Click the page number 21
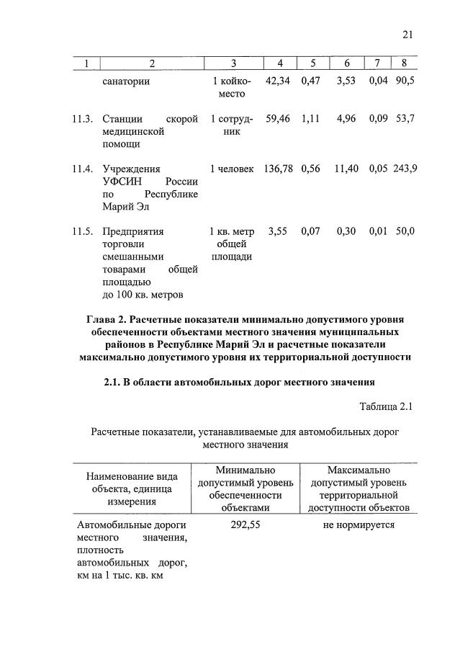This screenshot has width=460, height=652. pyautogui.click(x=408, y=35)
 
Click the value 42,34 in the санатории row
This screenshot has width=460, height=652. pyautogui.click(x=278, y=81)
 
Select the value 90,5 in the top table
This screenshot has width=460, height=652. pyautogui.click(x=405, y=81)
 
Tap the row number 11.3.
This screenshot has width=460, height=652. pyautogui.click(x=83, y=119)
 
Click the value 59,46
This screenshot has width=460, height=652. pyautogui.click(x=278, y=119)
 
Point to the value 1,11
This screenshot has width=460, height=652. pyautogui.click(x=310, y=119)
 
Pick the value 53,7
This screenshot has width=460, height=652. pyautogui.click(x=405, y=119)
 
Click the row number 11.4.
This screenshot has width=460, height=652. pyautogui.click(x=83, y=169)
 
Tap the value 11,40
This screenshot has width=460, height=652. pyautogui.click(x=346, y=169)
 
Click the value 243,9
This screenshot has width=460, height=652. pyautogui.click(x=405, y=169)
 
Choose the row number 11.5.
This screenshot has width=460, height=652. pyautogui.click(x=83, y=232)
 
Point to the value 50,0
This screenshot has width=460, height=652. pyautogui.click(x=405, y=232)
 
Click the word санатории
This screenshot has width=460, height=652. pyautogui.click(x=126, y=81)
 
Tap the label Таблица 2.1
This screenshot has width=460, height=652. pyautogui.click(x=385, y=407)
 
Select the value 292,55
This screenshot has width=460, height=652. pyautogui.click(x=245, y=525)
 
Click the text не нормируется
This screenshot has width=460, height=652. pyautogui.click(x=358, y=525)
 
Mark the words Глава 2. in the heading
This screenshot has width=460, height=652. pyautogui.click(x=108, y=318)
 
